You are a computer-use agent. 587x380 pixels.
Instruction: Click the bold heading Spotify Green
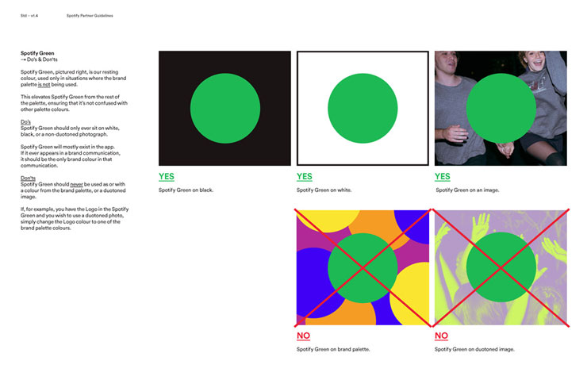(37, 53)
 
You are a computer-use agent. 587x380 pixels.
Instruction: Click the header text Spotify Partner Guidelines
(90, 16)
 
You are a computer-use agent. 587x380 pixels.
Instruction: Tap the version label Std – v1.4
(29, 16)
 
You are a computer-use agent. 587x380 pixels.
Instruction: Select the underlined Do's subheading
(25, 121)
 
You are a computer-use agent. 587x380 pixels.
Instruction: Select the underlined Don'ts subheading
(28, 178)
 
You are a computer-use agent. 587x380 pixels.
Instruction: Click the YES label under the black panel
(167, 176)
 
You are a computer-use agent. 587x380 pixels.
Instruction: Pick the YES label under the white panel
(305, 176)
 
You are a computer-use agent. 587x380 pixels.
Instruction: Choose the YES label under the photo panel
(443, 176)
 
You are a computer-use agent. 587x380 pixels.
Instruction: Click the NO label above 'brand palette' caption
(303, 336)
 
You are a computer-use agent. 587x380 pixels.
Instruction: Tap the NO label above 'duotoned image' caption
(441, 336)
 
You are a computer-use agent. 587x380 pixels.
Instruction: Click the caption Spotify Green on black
(186, 190)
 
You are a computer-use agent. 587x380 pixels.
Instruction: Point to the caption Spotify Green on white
(324, 190)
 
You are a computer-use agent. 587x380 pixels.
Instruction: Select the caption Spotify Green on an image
(467, 190)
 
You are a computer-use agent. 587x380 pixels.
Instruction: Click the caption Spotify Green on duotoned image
(474, 349)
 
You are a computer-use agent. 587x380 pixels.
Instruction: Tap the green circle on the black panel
(225, 108)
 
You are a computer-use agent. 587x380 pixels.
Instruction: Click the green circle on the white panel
(363, 108)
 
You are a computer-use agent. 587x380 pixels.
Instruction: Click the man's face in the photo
(447, 60)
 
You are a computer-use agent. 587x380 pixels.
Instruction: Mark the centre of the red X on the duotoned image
(501, 267)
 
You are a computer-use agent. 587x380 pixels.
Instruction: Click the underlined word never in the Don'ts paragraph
(76, 184)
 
